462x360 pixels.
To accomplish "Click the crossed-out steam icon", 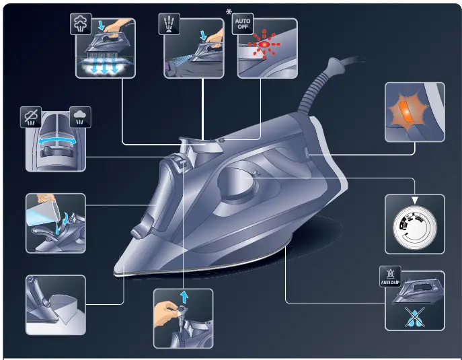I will click(x=31, y=118).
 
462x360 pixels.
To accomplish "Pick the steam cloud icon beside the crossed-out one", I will click(x=80, y=117).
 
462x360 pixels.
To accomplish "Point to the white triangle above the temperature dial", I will click(x=414, y=200).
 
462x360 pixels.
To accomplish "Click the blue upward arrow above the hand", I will click(x=184, y=297).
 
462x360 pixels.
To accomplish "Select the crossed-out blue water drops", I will click(x=414, y=316).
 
